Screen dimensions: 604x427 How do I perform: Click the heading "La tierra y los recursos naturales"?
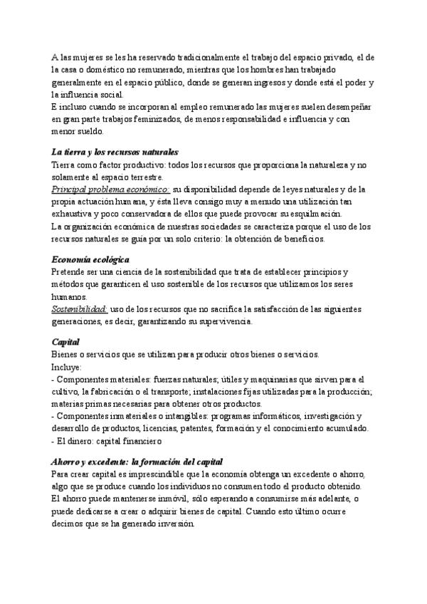pos(115,152)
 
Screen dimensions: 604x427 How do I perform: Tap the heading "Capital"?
pos(65,342)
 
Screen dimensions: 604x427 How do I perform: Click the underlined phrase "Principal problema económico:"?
pos(110,189)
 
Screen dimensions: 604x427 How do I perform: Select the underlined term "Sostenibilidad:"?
pos(79,309)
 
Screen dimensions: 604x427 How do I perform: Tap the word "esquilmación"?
pos(312,214)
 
